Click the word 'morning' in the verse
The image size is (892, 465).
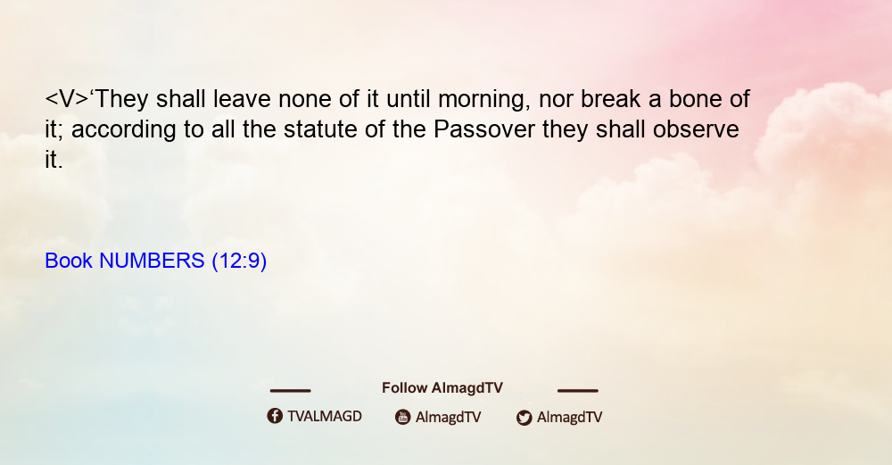pos(485,100)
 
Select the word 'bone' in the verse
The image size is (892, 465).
pos(694,99)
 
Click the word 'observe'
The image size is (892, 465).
pos(696,129)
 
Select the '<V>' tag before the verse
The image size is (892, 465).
pos(67,99)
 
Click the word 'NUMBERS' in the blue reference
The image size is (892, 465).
pos(152,261)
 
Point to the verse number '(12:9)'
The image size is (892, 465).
pos(239,262)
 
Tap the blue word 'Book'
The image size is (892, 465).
pos(69,261)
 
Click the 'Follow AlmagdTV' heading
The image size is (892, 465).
pos(442,388)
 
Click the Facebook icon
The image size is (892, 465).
pos(275,416)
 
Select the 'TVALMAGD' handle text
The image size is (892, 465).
pos(325,417)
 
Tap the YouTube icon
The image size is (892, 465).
pos(403,417)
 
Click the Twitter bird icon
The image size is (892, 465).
pos(524,418)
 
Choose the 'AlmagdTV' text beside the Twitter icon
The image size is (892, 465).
pos(569,418)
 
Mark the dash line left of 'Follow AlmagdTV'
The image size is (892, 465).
pos(290,391)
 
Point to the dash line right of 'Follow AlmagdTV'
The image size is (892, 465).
pos(578,391)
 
